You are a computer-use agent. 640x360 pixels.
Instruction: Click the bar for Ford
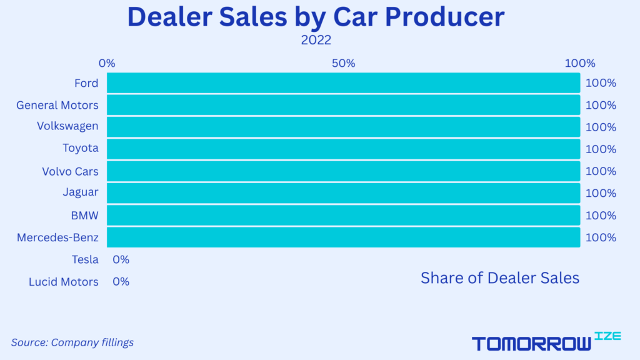click(343, 83)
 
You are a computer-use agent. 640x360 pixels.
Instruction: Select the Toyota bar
click(343, 149)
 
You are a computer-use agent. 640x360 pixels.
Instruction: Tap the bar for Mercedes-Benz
click(343, 237)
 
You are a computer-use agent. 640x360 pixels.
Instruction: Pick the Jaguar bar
click(343, 193)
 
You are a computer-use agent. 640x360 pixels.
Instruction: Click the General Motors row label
click(57, 105)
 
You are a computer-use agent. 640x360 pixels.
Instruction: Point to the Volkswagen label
click(67, 126)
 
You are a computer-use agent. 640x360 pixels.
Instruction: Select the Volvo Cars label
click(70, 171)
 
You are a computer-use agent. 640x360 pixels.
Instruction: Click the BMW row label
click(84, 216)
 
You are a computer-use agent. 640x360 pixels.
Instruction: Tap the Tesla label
click(85, 259)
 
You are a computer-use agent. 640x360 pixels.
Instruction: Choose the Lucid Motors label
click(64, 282)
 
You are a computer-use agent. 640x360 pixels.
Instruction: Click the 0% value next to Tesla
click(121, 259)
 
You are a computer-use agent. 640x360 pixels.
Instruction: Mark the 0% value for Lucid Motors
click(121, 282)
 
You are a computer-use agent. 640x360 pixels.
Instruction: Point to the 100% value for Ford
click(601, 83)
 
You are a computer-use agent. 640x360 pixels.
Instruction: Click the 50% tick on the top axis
click(343, 63)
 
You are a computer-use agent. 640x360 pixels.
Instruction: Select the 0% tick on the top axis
click(107, 63)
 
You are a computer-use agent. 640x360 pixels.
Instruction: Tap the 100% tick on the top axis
click(580, 63)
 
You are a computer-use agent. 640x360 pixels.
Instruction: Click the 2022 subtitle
click(316, 41)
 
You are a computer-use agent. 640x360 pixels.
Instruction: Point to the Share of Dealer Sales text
click(500, 278)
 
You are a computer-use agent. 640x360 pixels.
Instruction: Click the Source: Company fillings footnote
click(72, 342)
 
